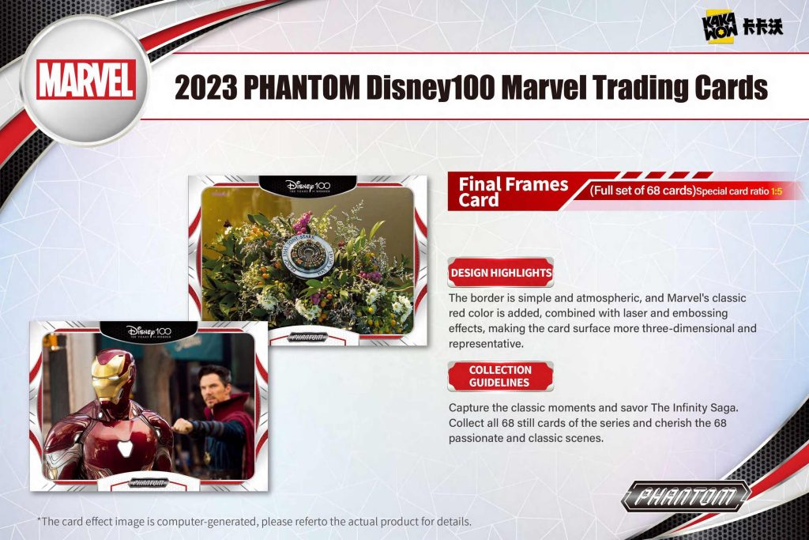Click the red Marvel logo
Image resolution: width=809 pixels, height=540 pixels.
pos(86,79)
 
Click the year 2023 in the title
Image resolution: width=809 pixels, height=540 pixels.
pos(206,87)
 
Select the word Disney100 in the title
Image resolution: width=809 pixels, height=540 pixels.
pos(431,87)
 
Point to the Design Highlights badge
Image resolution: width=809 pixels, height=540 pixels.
pos(500,273)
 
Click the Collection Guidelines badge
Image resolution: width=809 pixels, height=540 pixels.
pos(500,376)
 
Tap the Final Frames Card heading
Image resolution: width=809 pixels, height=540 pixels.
pos(513,191)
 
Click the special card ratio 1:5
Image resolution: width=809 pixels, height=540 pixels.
pos(777,191)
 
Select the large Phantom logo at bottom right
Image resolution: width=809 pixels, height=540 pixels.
pos(686,496)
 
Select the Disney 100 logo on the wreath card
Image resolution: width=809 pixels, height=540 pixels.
pos(307,186)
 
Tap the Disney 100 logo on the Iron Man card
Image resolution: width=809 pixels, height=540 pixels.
pos(149,331)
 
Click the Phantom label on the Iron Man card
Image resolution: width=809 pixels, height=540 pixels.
pos(148,483)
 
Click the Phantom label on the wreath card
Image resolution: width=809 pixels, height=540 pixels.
pos(307,337)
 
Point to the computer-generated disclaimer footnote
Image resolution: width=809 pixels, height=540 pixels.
pos(254,521)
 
